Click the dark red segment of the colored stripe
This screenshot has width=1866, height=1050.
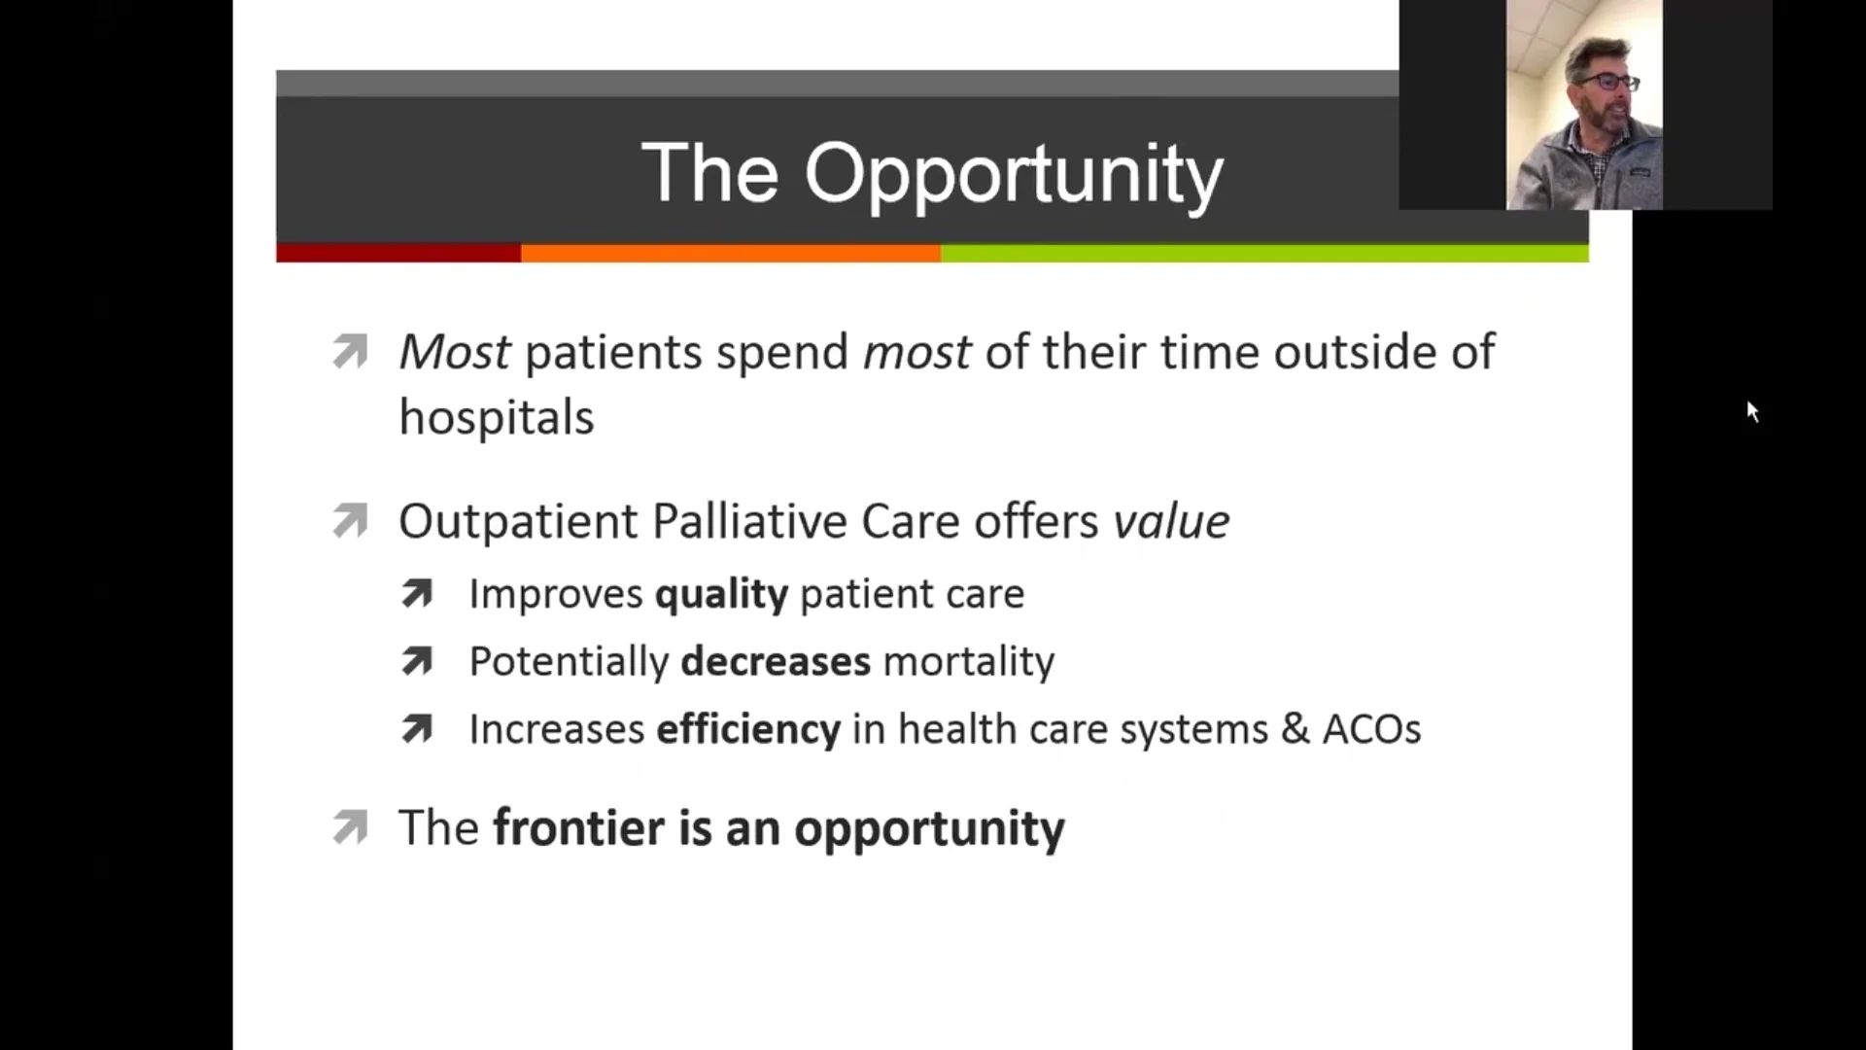(x=397, y=254)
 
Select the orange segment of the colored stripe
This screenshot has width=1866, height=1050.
(x=730, y=254)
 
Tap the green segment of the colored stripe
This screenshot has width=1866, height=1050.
(x=1263, y=254)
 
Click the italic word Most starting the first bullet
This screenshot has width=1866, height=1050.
(x=454, y=352)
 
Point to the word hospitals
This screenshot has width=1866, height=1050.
(x=496, y=418)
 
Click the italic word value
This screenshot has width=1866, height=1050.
(x=1171, y=522)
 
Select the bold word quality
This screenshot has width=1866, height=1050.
(x=721, y=594)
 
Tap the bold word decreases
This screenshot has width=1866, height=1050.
(x=775, y=662)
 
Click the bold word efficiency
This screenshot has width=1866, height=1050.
(x=747, y=729)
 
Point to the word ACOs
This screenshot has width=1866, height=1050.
(x=1371, y=729)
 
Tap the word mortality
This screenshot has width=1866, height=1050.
(x=968, y=662)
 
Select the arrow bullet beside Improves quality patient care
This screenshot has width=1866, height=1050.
(x=417, y=594)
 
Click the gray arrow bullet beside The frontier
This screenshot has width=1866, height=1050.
(x=350, y=828)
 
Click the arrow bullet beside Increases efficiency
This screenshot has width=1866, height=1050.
(x=417, y=729)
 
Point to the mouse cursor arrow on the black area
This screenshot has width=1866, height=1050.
(x=1751, y=411)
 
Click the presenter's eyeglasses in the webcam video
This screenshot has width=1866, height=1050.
(x=1610, y=83)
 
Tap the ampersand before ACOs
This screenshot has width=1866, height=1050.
(x=1295, y=729)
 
